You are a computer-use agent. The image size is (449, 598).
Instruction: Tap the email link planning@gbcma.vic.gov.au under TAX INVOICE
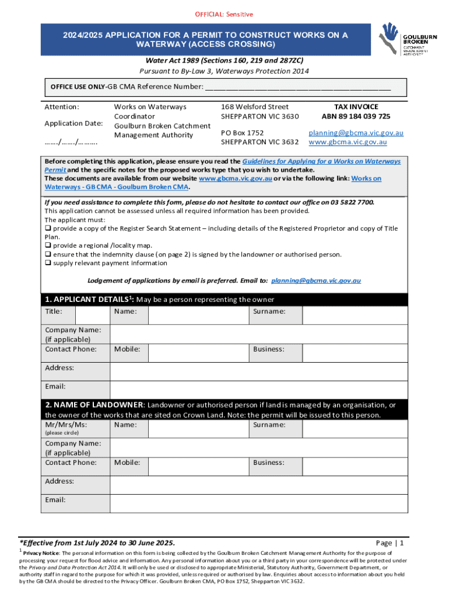(356, 133)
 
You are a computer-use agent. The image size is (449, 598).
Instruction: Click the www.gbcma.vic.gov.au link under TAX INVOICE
(348, 142)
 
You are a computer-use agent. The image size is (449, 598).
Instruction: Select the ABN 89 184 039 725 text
(356, 116)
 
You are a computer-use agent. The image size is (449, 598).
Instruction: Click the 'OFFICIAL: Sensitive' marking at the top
(224, 14)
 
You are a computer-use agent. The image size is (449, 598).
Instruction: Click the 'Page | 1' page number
(390, 543)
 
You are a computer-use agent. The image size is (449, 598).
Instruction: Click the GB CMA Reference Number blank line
(297, 88)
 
